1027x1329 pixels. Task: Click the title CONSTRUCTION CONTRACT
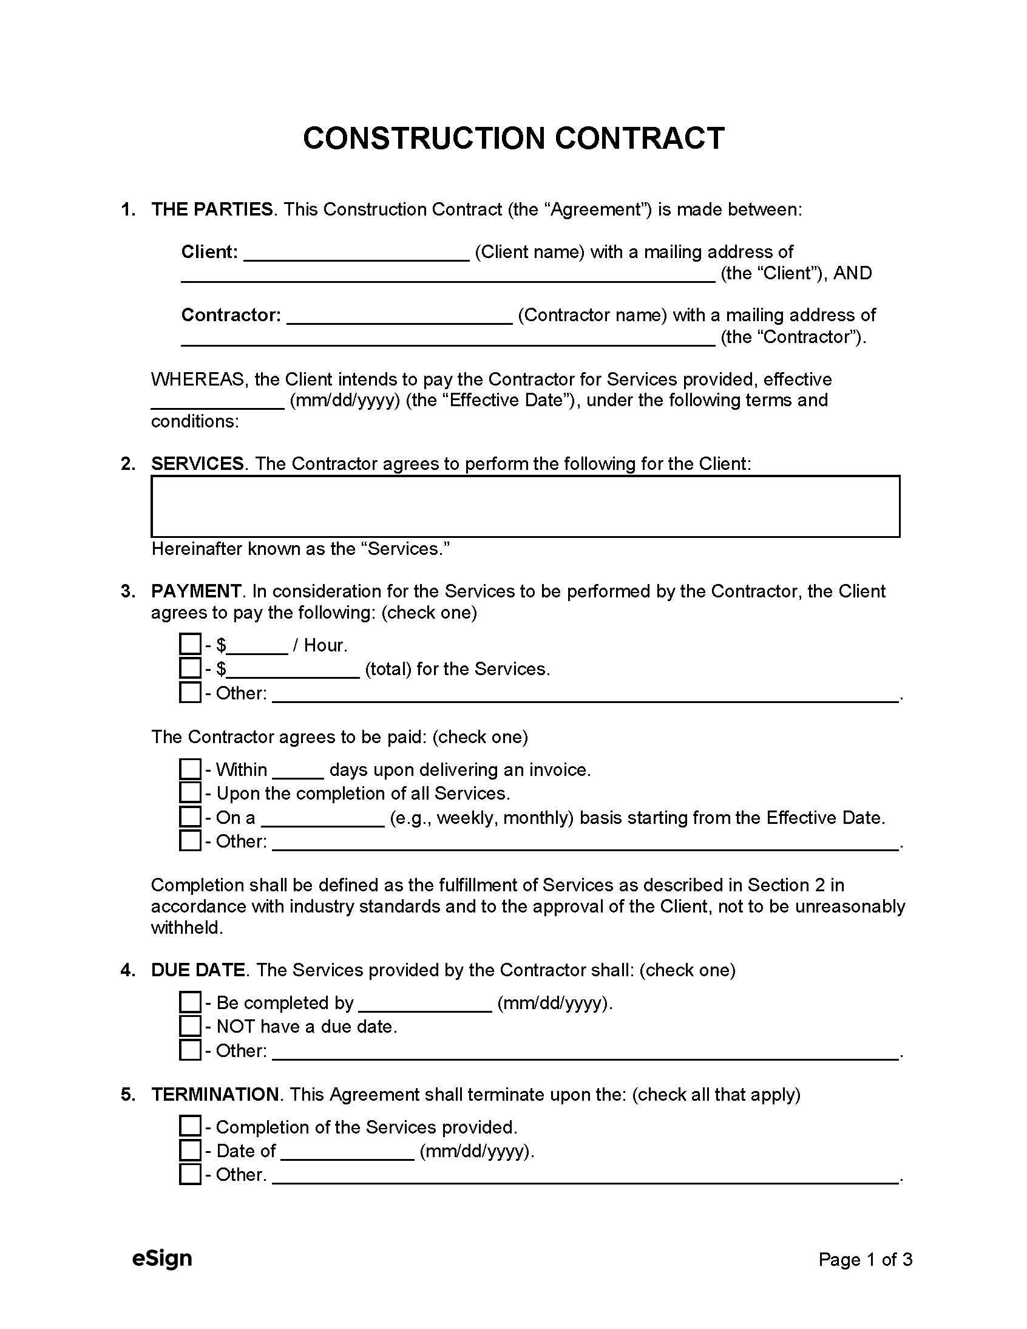pos(513,138)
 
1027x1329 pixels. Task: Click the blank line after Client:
pos(356,253)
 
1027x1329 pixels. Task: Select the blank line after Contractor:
pos(399,316)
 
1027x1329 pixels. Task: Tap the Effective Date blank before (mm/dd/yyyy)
pos(217,402)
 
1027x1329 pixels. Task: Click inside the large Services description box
pos(524,506)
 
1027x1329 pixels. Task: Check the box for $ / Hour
pos(190,644)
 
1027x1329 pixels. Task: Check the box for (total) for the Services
pos(190,668)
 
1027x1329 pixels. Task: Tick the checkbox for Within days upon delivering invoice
pos(190,769)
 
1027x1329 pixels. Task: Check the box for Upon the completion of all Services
pos(190,793)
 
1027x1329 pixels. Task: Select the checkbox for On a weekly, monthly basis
pos(190,817)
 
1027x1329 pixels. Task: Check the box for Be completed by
pos(190,1002)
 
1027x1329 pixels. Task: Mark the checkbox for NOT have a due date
pos(190,1026)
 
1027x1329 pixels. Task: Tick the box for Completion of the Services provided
pos(190,1126)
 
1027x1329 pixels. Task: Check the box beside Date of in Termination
pos(190,1150)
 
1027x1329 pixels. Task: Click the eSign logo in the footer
pos(162,1258)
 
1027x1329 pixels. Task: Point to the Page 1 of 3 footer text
pos(864,1259)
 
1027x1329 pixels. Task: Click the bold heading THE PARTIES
pos(212,209)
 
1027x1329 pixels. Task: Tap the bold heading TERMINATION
pos(215,1094)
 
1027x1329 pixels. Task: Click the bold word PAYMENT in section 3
pos(196,591)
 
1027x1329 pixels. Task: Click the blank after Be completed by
pos(425,1004)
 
